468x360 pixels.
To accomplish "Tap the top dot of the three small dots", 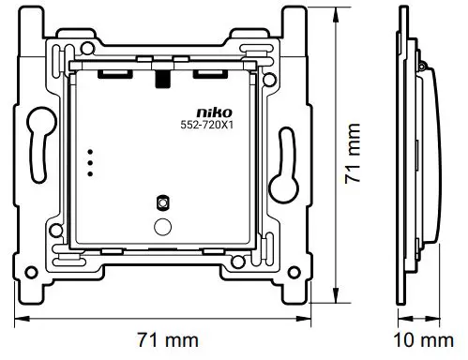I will [x=91, y=151].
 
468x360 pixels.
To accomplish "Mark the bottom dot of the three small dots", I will [x=91, y=172].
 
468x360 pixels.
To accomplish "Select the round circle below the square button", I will [x=161, y=225].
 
